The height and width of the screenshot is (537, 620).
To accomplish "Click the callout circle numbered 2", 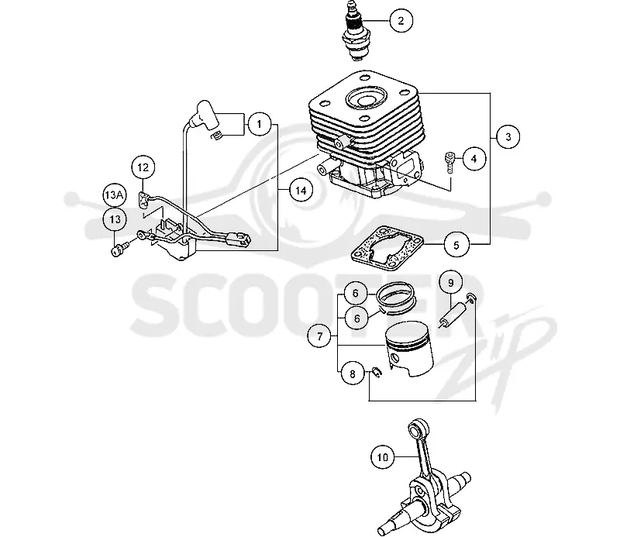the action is click(x=401, y=20).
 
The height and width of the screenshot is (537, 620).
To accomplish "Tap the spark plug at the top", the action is click(x=356, y=32).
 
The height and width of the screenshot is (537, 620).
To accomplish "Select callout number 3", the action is click(x=508, y=137).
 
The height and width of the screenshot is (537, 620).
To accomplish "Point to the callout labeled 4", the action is click(x=474, y=159).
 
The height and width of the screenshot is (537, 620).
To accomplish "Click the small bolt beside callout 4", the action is click(x=449, y=162).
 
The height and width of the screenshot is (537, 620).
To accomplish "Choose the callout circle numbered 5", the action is click(x=456, y=245).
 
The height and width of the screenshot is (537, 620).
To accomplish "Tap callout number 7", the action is click(x=319, y=336).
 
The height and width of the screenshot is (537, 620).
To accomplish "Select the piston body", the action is click(x=409, y=349).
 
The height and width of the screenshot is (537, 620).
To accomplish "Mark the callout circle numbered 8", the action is click(x=353, y=374).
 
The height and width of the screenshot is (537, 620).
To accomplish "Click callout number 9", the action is click(x=450, y=282).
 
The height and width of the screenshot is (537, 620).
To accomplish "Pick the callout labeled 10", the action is click(x=382, y=457).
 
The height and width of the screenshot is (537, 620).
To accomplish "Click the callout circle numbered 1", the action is click(x=259, y=125).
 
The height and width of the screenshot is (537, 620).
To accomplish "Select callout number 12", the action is click(x=143, y=167).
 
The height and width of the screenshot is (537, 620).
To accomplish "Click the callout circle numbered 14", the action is click(x=301, y=191).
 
